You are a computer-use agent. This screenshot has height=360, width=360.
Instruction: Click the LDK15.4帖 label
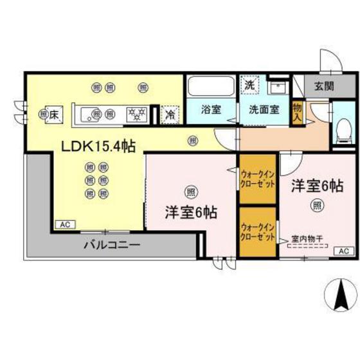pyautogui.click(x=98, y=147)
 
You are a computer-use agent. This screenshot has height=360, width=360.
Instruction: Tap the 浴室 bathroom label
pyautogui.click(x=210, y=109)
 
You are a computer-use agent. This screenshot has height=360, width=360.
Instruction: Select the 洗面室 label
pyautogui.click(x=264, y=109)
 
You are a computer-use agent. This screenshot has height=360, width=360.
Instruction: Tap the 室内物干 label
pyautogui.click(x=307, y=239)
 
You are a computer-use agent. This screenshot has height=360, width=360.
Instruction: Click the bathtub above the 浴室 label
pyautogui.click(x=211, y=87)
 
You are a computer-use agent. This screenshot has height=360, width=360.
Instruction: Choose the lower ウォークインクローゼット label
pyautogui.click(x=257, y=231)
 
